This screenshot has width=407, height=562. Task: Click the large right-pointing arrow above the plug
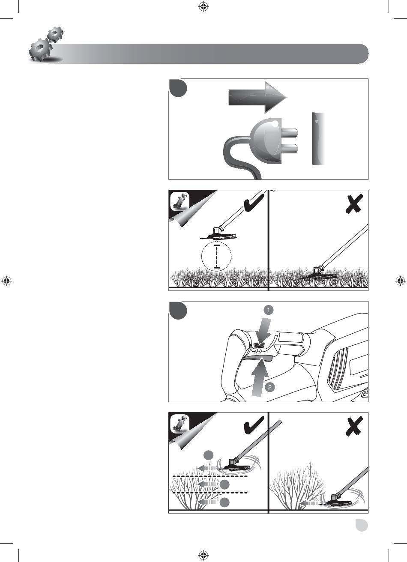point(257,97)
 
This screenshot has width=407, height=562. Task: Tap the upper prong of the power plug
point(289,133)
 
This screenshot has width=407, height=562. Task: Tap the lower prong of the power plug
point(289,149)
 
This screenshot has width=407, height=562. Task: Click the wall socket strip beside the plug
point(318,138)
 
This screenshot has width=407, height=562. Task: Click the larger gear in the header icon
point(40,50)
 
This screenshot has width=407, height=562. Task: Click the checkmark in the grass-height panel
point(254,203)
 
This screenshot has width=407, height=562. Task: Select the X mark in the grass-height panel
point(354,204)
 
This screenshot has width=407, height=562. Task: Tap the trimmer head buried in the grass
point(319,275)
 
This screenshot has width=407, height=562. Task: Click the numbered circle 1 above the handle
point(269,310)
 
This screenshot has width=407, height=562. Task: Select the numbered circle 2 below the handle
point(270,387)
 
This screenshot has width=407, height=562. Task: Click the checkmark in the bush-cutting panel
point(254,425)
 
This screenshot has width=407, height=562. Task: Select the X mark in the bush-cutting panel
point(354,426)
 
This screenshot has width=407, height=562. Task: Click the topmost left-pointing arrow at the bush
point(207,468)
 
